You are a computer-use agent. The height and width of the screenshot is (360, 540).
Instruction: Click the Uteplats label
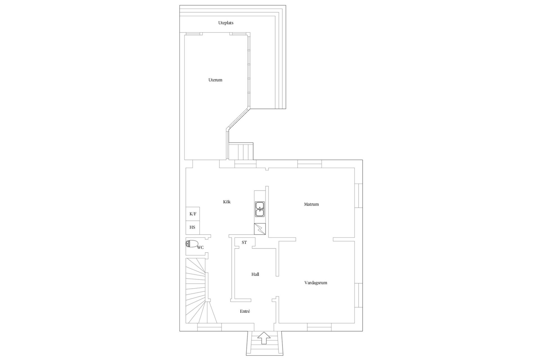226,23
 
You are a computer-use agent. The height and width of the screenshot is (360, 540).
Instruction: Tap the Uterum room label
215,80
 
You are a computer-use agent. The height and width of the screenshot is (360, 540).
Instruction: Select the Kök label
227,202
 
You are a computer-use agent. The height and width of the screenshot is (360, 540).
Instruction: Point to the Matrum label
311,204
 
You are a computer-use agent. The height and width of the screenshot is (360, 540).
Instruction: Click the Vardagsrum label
316,283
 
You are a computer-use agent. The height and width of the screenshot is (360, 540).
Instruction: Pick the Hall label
255,274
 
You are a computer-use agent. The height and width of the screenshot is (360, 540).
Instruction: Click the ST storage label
244,242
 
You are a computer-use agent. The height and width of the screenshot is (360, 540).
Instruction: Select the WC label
200,247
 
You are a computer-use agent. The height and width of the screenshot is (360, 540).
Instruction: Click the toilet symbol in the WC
192,243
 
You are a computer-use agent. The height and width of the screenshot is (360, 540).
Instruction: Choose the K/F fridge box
193,214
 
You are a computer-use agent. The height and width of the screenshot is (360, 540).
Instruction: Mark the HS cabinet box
193,227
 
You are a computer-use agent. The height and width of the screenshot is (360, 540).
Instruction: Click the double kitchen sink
260,209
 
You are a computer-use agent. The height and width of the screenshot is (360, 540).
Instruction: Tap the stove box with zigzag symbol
260,229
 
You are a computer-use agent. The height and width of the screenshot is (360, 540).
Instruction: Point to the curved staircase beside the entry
197,292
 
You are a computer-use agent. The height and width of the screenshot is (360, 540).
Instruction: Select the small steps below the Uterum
241,151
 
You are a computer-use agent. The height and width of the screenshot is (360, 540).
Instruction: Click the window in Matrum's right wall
359,196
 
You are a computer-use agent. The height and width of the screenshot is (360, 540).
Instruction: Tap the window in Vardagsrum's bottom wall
319,327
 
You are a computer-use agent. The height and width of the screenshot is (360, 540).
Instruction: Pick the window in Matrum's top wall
309,164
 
